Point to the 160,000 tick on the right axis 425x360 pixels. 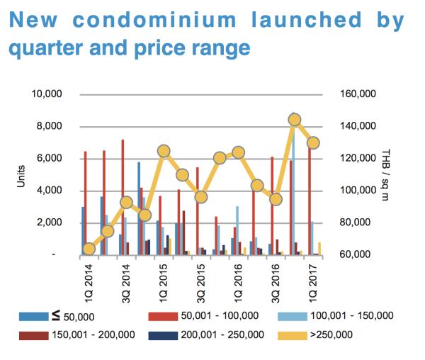click(360, 94)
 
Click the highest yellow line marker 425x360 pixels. click(295, 120)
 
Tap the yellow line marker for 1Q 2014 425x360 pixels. click(89, 249)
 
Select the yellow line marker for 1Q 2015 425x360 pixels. click(164, 151)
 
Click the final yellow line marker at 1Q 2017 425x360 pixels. click(314, 142)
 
